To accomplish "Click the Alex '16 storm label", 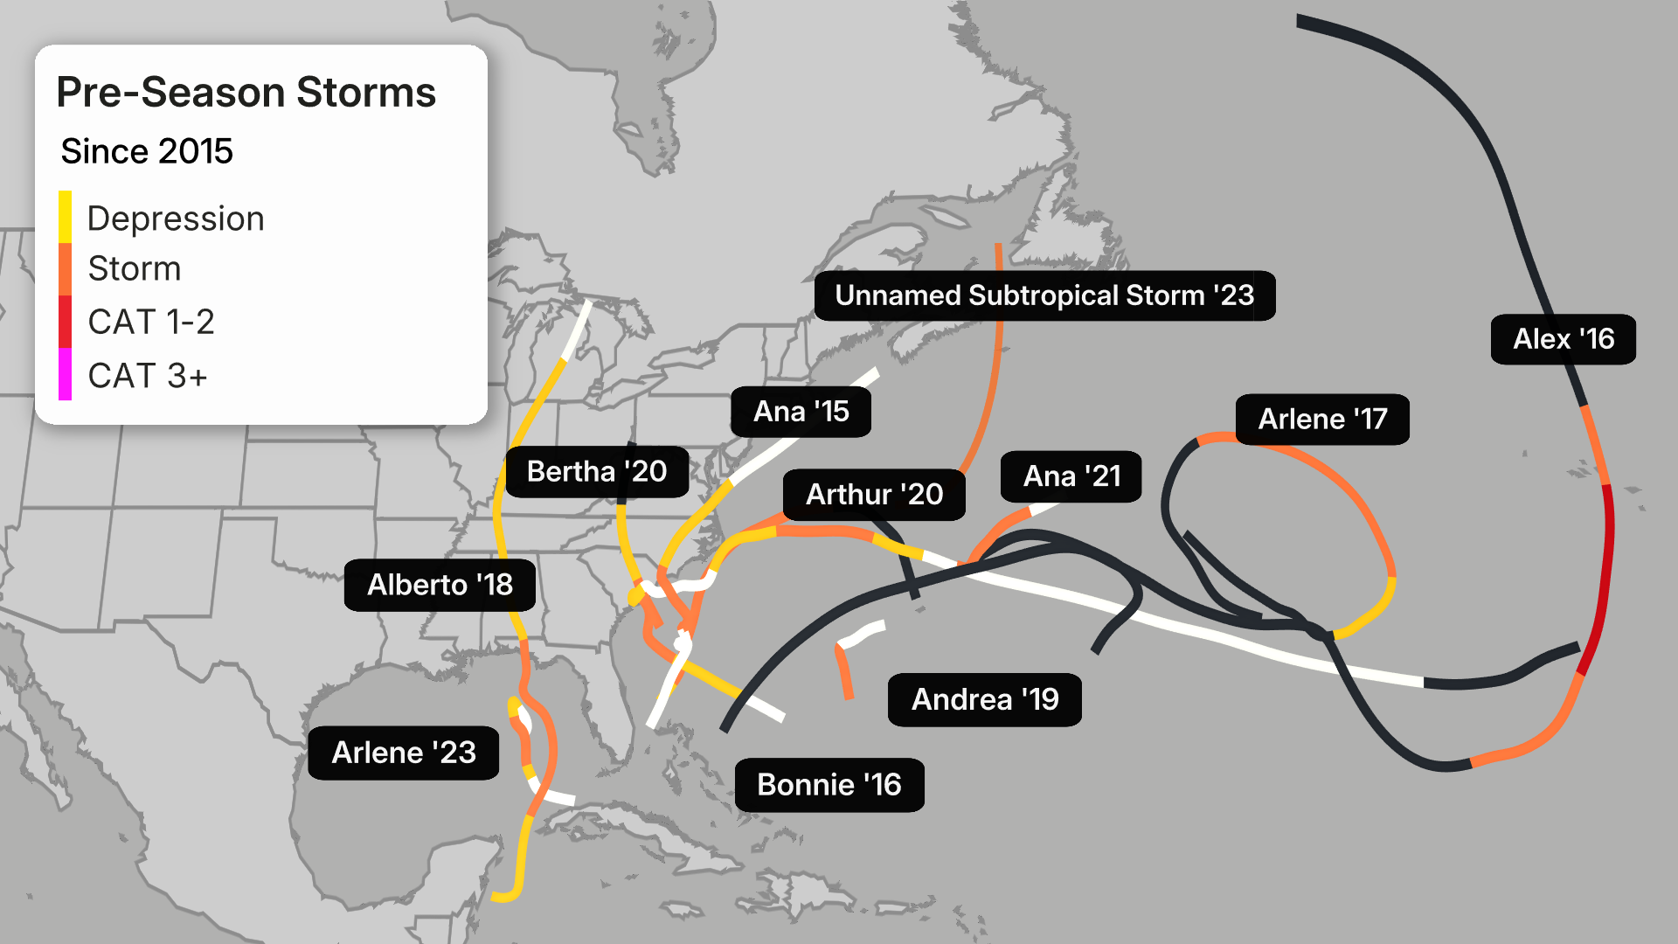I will pyautogui.click(x=1563, y=339).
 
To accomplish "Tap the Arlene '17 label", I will pyautogui.click(x=1321, y=420).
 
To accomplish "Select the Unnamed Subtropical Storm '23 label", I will pyautogui.click(x=1044, y=295).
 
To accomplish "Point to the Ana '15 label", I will pyautogui.click(x=801, y=412).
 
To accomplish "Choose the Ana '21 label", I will pyautogui.click(x=1071, y=476).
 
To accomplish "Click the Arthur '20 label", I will pyautogui.click(x=874, y=495).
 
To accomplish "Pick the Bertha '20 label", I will pyautogui.click(x=597, y=472).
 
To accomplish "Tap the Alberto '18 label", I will pyautogui.click(x=440, y=585).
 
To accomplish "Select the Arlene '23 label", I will pyautogui.click(x=403, y=753).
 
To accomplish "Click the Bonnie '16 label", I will pyautogui.click(x=829, y=785).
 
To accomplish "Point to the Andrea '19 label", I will pyautogui.click(x=984, y=699).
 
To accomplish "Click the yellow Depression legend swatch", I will pyautogui.click(x=65, y=217).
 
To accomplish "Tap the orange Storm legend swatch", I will pyautogui.click(x=65, y=269).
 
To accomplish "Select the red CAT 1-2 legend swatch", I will pyautogui.click(x=65, y=322).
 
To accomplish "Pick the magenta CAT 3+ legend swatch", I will pyautogui.click(x=65, y=374).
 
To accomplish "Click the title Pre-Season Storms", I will pyautogui.click(x=246, y=93).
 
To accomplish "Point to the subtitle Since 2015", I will pyautogui.click(x=147, y=151).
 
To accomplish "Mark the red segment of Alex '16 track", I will pyautogui.click(x=1606, y=577).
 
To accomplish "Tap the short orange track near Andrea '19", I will pyautogui.click(x=844, y=673).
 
